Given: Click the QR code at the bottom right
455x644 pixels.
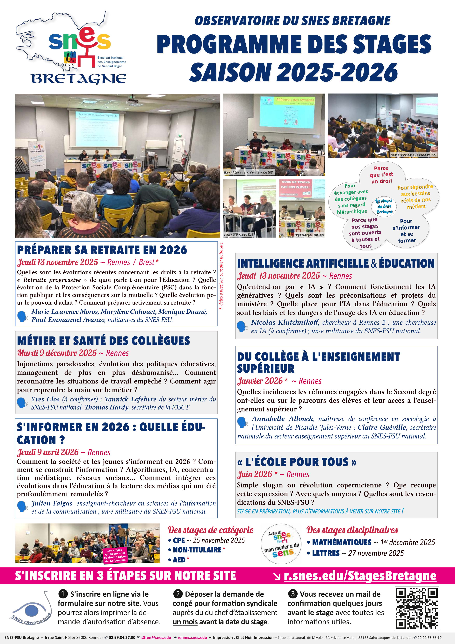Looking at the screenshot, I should [x=417, y=608].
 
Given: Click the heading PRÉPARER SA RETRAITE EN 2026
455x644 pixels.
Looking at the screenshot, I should [x=102, y=250].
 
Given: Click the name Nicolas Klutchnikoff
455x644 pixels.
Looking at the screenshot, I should [x=284, y=322].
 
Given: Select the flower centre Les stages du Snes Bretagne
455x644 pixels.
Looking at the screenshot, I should [x=384, y=206].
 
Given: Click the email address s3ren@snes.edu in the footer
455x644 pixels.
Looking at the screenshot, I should [x=156, y=638].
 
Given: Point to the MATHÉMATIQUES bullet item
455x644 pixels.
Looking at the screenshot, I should [x=342, y=542].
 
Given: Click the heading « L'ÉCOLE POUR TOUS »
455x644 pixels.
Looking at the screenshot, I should [x=297, y=462].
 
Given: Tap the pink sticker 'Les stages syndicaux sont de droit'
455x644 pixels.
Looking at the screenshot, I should [x=115, y=555].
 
